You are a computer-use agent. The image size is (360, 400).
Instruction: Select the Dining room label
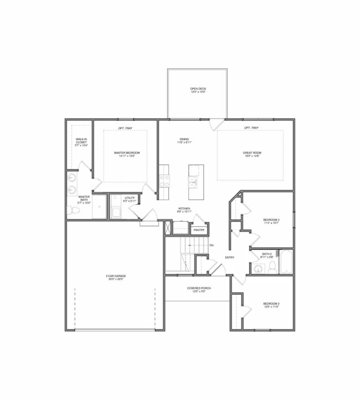[184, 141]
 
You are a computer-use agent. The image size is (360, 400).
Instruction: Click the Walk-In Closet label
[81, 142]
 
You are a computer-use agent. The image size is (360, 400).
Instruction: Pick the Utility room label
[130, 199]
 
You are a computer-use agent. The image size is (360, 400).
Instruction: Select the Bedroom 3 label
[271, 222]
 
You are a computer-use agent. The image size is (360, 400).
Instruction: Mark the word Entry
[229, 258]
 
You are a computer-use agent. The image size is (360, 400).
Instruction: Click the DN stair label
[212, 245]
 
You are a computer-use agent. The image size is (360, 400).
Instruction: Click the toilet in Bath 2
[272, 268]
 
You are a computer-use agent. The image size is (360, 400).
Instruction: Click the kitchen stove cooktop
[164, 181]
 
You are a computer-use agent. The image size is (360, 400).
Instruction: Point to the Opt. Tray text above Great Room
[251, 129]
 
